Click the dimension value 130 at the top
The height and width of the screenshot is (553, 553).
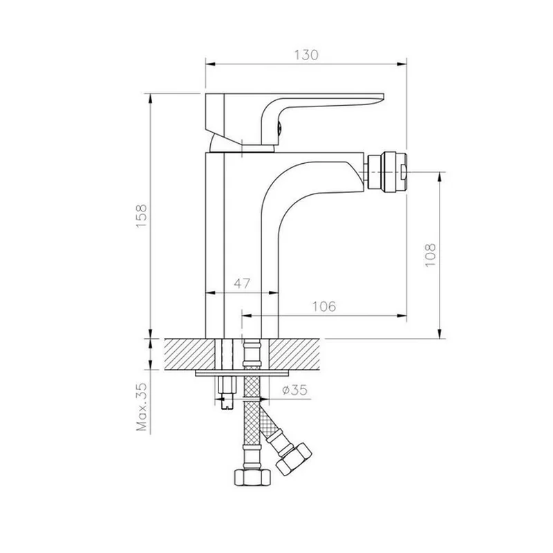pyautogui.click(x=306, y=55)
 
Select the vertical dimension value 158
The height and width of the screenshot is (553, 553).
pyautogui.click(x=142, y=216)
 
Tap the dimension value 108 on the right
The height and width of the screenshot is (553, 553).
pyautogui.click(x=430, y=255)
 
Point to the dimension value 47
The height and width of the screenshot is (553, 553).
pyautogui.click(x=242, y=283)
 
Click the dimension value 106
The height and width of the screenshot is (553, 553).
pyautogui.click(x=324, y=306)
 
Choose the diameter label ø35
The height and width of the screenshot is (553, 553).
pyautogui.click(x=295, y=390)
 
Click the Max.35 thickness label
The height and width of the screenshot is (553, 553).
pyautogui.click(x=142, y=406)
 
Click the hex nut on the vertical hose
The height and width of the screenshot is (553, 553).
pyautogui.click(x=252, y=477)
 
